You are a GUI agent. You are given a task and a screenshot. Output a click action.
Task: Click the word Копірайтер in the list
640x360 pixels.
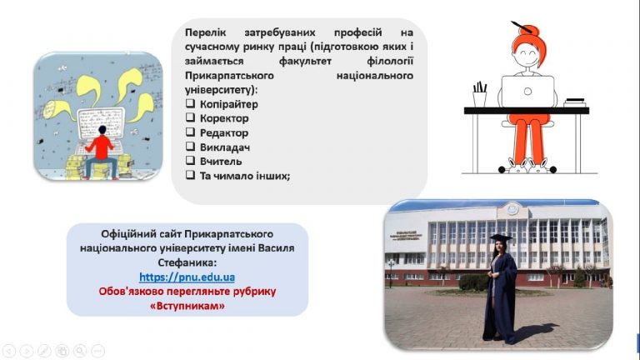pos(228,104)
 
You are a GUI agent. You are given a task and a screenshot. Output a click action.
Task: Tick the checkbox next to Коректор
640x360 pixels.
pos(190,117)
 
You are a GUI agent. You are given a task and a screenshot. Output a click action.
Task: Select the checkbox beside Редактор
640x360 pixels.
pos(190,132)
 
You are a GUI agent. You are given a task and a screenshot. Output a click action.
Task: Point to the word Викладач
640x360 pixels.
pos(224,147)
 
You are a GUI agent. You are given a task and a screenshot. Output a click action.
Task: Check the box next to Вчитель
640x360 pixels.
pos(190,160)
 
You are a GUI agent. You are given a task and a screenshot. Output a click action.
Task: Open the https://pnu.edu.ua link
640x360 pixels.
pos(187,277)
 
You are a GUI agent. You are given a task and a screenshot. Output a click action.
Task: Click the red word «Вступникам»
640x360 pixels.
pos(187,306)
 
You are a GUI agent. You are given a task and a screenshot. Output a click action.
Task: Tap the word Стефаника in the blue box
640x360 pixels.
pos(187,262)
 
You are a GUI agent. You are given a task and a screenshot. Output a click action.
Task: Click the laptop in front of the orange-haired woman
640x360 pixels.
pos(527,92)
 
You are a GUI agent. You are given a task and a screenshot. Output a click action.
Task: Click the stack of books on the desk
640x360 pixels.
pos(575,102)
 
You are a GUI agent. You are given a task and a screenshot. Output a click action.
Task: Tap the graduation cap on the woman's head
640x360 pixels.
pos(501,238)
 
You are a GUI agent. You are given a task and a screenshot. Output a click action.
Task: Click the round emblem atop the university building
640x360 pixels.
pos(512,209)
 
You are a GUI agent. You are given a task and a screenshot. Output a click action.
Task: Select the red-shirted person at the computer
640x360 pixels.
pos(100,152)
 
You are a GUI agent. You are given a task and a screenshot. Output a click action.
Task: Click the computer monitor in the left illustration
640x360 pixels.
pos(100,123)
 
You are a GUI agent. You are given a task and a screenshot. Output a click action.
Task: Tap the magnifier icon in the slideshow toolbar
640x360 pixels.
pos(80,351)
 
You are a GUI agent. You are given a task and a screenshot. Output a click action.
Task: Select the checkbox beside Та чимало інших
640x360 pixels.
pos(190,175)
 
